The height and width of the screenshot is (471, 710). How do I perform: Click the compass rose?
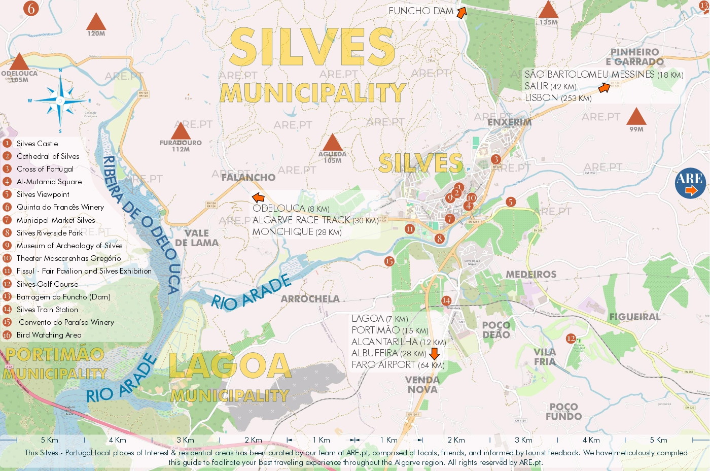click(x=60, y=100)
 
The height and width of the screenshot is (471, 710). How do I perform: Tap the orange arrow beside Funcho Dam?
click(x=461, y=13)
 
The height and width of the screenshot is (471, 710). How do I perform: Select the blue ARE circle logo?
click(x=690, y=183)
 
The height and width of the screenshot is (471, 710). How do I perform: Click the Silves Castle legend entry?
click(x=37, y=144)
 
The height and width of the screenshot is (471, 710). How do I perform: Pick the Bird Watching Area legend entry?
click(x=49, y=335)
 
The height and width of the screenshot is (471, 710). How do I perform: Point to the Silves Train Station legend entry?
click(x=47, y=310)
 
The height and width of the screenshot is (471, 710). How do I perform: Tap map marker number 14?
click(x=446, y=300)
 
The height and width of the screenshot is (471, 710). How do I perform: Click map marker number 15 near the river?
click(x=389, y=261)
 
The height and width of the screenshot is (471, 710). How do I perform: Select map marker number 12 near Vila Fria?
click(x=571, y=339)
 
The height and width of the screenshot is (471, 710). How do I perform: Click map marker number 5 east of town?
click(x=511, y=202)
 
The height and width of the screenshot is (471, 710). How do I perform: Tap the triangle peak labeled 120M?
click(x=96, y=23)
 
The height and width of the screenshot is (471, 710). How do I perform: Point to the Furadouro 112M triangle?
click(x=181, y=132)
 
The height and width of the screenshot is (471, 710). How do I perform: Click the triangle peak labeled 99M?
click(x=636, y=117)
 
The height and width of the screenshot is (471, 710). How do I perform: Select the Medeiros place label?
click(x=531, y=275)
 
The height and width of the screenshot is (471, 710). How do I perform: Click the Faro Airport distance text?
click(x=398, y=365)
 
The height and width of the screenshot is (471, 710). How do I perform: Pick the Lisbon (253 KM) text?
click(x=558, y=98)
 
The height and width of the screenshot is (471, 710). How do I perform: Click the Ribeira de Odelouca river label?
click(x=142, y=223)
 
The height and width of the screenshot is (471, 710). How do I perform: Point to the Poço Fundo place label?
click(x=563, y=412)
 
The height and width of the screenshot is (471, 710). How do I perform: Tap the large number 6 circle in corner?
click(x=31, y=8)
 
